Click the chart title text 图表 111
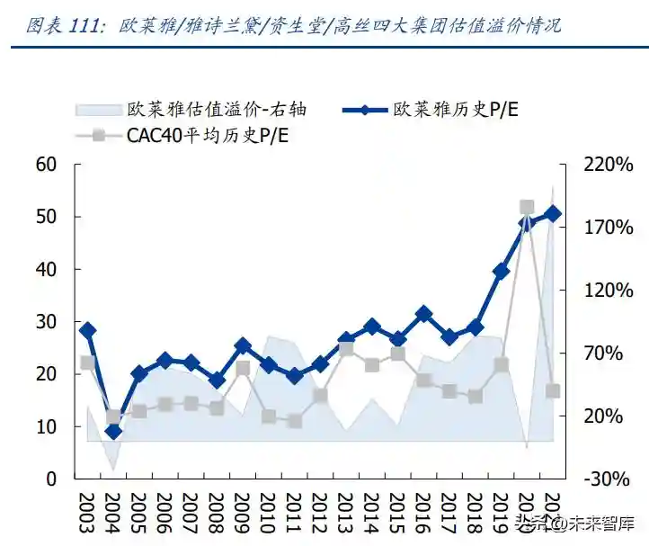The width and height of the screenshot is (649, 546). pyautogui.click(x=63, y=24)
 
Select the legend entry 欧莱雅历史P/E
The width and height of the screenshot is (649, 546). pyautogui.click(x=455, y=109)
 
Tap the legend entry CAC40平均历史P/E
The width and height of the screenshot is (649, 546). pyautogui.click(x=207, y=136)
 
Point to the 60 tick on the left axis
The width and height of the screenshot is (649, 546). pyautogui.click(x=46, y=165)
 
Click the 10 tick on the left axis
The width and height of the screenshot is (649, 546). pyautogui.click(x=46, y=426)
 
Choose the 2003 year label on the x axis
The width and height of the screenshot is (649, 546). pyautogui.click(x=87, y=515)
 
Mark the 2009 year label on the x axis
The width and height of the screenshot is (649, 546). pyautogui.click(x=243, y=515)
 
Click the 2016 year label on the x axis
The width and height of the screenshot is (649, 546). pyautogui.click(x=424, y=515)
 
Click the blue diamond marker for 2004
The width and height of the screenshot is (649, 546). pyautogui.click(x=113, y=432)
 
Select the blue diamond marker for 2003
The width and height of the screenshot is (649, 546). pyautogui.click(x=87, y=330)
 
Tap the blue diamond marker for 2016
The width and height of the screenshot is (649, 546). pyautogui.click(x=424, y=314)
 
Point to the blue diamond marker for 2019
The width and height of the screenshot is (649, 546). pyautogui.click(x=502, y=271)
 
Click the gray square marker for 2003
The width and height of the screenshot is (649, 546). pyautogui.click(x=87, y=363)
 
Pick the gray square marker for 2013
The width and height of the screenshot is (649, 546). pyautogui.click(x=346, y=348)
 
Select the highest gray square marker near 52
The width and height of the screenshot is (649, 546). pyautogui.click(x=528, y=208)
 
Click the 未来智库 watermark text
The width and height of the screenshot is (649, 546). pyautogui.click(x=593, y=523)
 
